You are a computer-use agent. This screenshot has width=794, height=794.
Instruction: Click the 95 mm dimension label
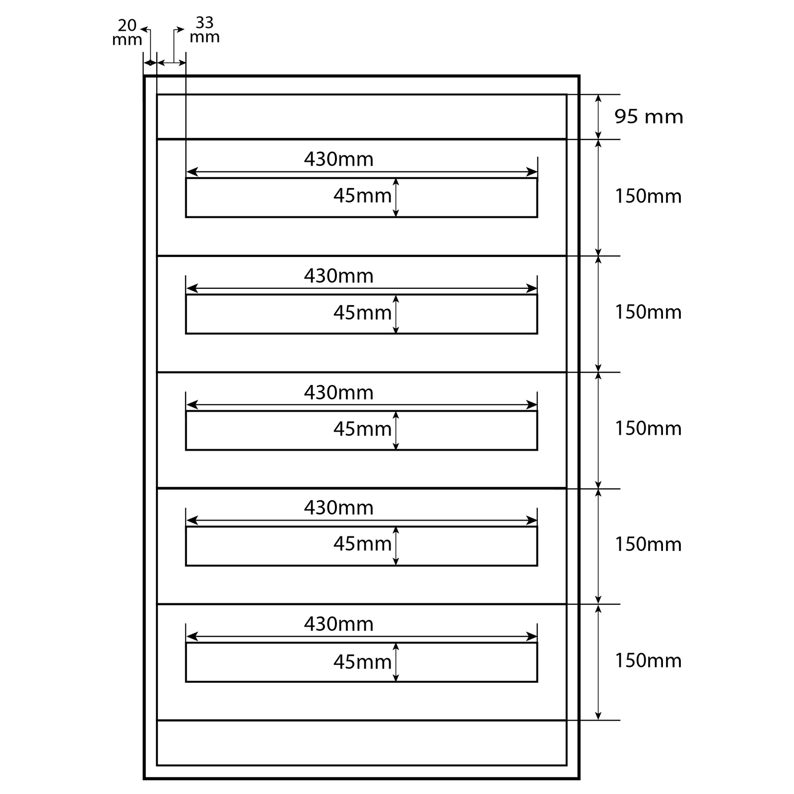(x=649, y=117)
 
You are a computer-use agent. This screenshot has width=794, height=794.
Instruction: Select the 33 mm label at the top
(x=204, y=30)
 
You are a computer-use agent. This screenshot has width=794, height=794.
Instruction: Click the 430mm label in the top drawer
(x=338, y=159)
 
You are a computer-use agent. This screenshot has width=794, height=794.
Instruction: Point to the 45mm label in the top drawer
(x=362, y=196)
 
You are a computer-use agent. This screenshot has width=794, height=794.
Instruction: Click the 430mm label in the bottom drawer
(x=338, y=624)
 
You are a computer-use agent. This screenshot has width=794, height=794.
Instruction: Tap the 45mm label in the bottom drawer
(x=362, y=662)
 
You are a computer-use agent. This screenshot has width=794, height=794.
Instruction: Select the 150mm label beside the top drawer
(x=648, y=197)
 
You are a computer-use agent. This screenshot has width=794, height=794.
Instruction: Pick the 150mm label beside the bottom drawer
(x=648, y=661)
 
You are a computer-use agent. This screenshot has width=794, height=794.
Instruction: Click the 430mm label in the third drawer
(x=338, y=393)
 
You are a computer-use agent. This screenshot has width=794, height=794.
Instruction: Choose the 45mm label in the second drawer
(x=362, y=313)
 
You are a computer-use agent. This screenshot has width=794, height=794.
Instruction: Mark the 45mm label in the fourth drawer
(x=362, y=544)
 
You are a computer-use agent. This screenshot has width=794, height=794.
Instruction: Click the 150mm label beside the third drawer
(x=648, y=428)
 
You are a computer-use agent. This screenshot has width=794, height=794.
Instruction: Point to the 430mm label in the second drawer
(x=338, y=276)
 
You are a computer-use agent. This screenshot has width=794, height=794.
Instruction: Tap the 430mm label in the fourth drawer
(x=338, y=508)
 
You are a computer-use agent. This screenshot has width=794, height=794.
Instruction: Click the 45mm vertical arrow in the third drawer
(x=396, y=430)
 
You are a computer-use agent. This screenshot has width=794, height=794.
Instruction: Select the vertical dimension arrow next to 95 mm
(x=598, y=117)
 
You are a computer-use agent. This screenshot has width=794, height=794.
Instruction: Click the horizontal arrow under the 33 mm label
(x=171, y=63)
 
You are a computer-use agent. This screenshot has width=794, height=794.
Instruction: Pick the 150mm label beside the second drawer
(x=648, y=312)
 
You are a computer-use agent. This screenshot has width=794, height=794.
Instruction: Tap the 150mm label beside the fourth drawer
(x=648, y=544)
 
